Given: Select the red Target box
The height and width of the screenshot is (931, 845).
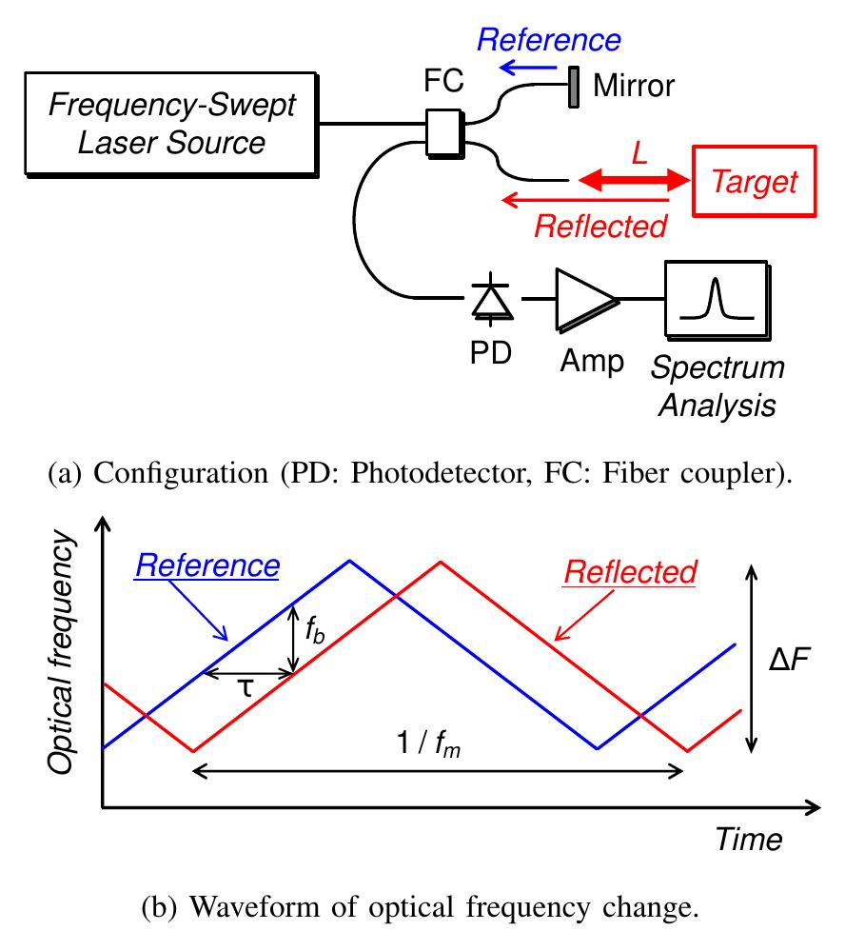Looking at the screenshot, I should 755,181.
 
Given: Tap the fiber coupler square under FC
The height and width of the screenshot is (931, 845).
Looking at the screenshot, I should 443,131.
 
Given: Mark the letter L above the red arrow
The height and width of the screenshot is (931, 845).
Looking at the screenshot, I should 639,151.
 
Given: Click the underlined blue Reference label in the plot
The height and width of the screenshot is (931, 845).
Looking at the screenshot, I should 206,565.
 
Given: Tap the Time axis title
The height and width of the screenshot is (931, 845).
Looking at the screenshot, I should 748,839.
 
